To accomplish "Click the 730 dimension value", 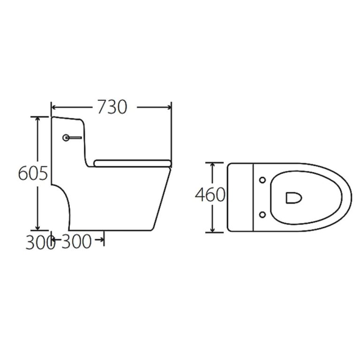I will coord(112,107).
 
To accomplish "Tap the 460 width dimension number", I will coord(210,195).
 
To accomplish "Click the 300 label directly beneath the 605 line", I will coord(37,243).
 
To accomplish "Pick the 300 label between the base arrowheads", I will coord(76,242).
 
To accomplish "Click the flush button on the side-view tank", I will coord(67,138).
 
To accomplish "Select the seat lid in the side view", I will coord(131,163).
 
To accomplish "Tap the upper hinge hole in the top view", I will coord(262,180).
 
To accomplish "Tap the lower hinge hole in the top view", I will coord(262,214).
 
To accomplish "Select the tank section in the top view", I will coord(240,197).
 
